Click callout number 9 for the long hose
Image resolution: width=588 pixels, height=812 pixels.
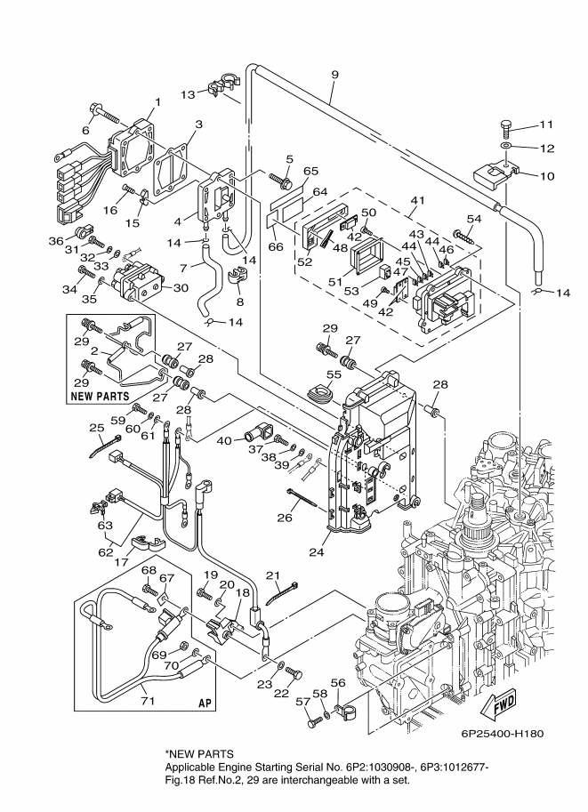point(334,75)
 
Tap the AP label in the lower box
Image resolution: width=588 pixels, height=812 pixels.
point(205,703)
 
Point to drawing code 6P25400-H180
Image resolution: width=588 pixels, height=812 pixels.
point(503,733)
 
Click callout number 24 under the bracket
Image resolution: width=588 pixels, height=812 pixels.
point(316,552)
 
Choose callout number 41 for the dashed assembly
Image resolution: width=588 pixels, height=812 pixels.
point(417,200)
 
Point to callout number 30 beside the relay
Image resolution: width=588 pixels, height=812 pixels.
point(181,287)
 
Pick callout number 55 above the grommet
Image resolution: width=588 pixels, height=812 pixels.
point(334,374)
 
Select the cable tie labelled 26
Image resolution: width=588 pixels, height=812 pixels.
point(301,498)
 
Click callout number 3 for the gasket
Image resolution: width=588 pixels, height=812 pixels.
point(198,125)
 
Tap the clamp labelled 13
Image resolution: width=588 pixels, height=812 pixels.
point(222,85)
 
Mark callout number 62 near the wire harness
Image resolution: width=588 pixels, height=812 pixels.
point(106,552)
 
